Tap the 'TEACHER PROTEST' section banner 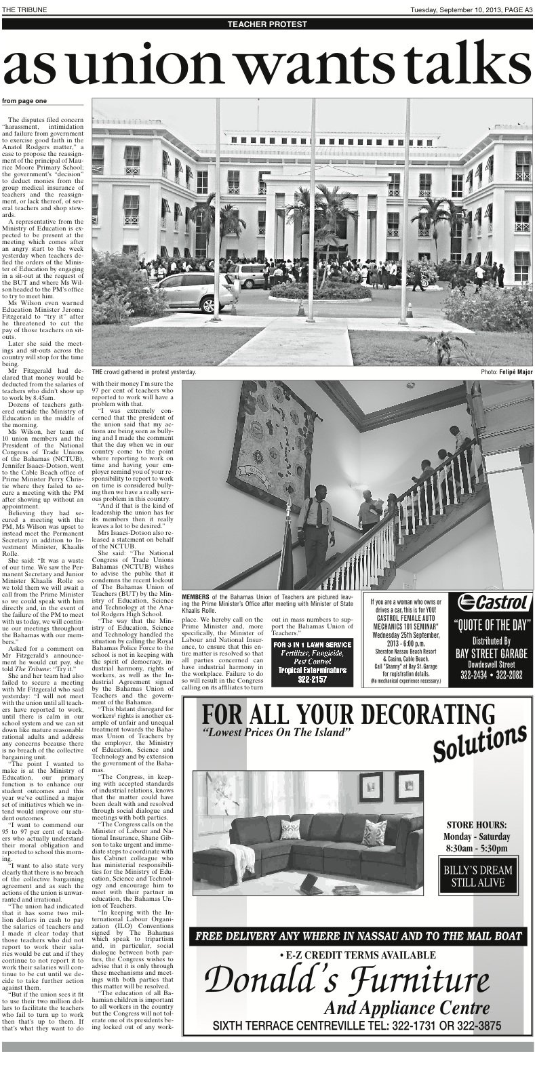[267, 24]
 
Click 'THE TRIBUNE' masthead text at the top [21, 8]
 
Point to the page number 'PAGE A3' [515, 8]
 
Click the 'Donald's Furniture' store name [347, 980]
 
